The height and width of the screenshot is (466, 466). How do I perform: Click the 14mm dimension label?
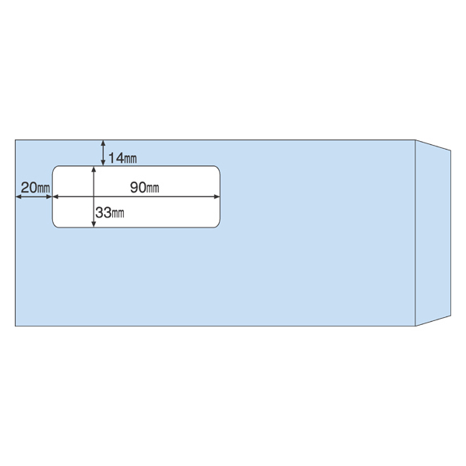122,158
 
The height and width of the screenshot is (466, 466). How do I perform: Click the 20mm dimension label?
35,188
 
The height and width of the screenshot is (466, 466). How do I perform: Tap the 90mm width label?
144,187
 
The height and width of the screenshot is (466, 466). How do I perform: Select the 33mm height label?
110,213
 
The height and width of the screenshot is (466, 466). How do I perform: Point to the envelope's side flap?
432,233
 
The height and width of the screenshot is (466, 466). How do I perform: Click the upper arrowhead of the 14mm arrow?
103,143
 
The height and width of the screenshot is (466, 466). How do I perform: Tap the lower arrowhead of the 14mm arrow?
103,163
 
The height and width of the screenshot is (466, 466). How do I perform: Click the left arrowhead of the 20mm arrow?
19,196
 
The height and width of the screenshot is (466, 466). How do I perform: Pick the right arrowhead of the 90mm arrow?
217,196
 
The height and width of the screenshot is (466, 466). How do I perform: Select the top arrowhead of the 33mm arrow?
94,169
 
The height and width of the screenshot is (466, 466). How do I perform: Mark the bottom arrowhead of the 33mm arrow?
94,224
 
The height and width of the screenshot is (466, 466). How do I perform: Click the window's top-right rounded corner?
217,168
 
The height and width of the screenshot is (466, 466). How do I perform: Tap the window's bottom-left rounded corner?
55,225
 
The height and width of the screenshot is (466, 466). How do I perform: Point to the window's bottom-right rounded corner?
217,225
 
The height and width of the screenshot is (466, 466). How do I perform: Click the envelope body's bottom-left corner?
16,326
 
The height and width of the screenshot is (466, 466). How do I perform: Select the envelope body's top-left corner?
16,140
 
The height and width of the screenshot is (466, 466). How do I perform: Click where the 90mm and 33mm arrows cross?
94,196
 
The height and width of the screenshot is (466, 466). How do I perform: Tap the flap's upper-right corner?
450,150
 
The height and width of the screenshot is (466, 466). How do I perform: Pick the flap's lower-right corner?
450,316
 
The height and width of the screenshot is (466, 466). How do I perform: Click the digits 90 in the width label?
138,187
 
